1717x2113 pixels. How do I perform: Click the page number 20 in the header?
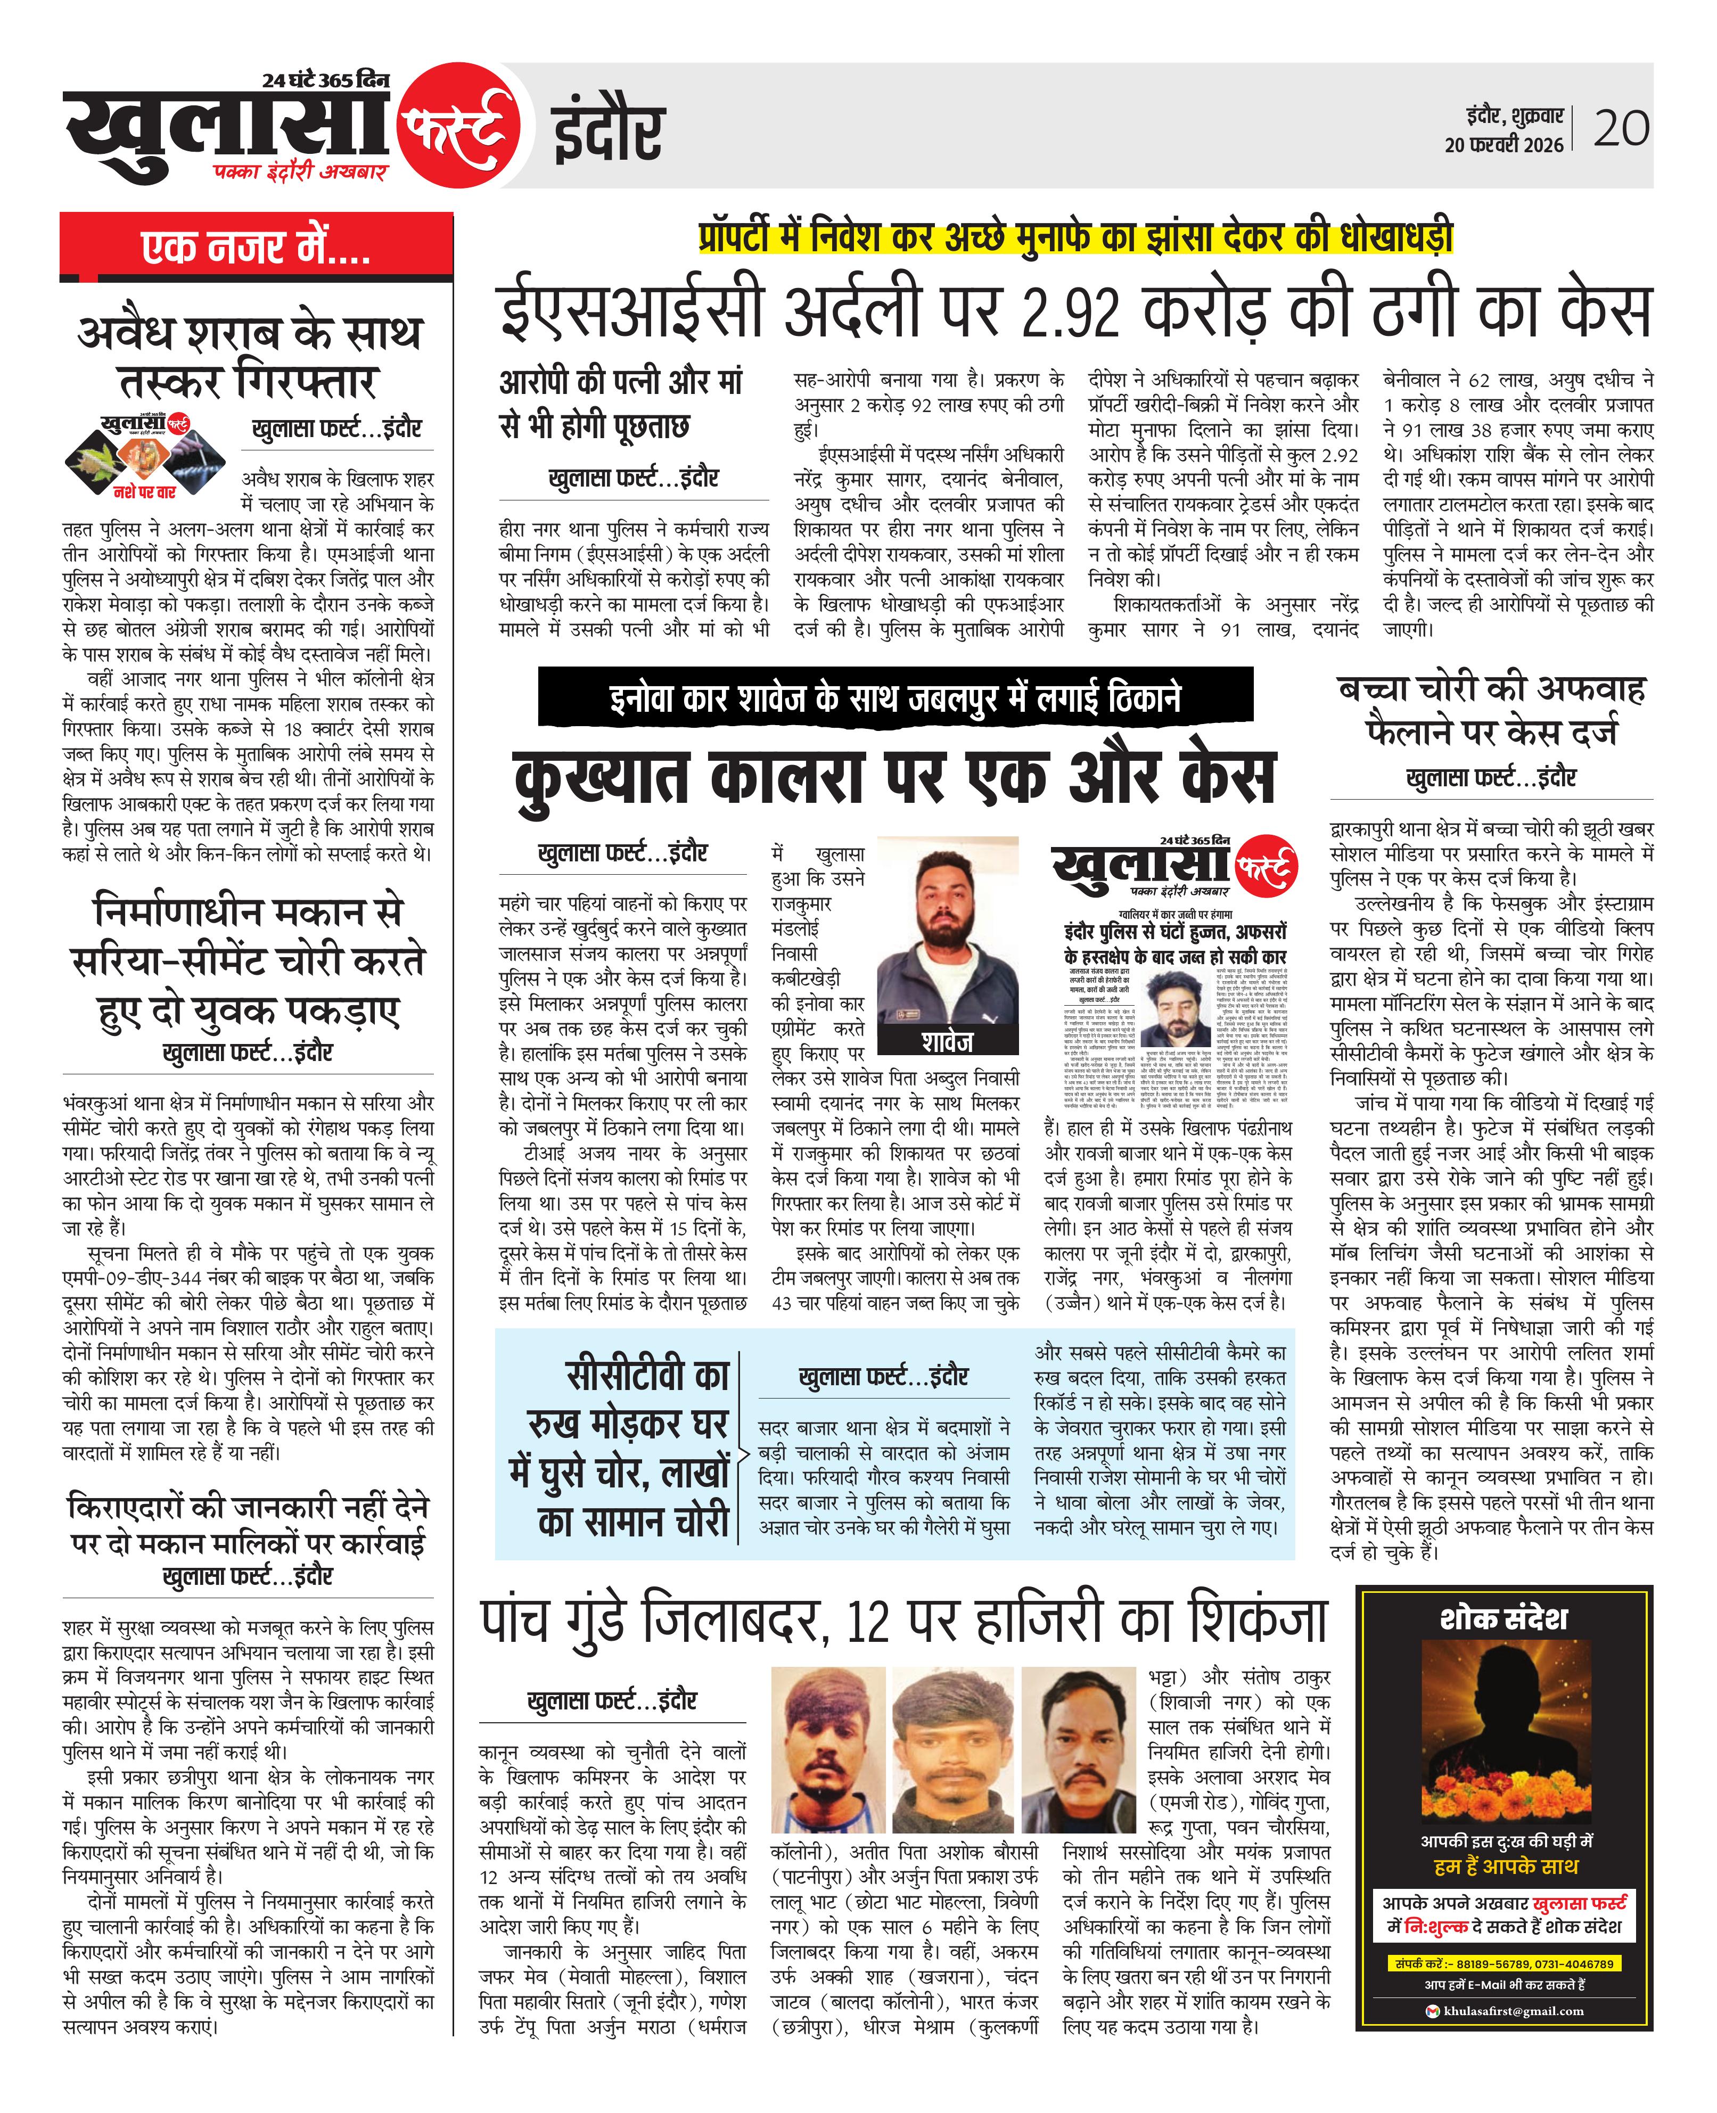click(1621, 128)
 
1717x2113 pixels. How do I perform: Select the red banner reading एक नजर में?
click(256, 246)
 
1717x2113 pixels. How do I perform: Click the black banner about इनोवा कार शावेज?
click(895, 697)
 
